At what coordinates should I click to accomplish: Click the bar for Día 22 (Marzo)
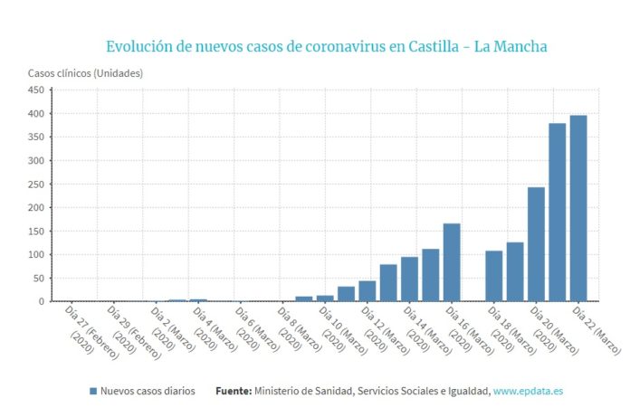[x=578, y=208]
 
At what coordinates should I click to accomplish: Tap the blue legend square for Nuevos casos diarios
[x=93, y=391]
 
